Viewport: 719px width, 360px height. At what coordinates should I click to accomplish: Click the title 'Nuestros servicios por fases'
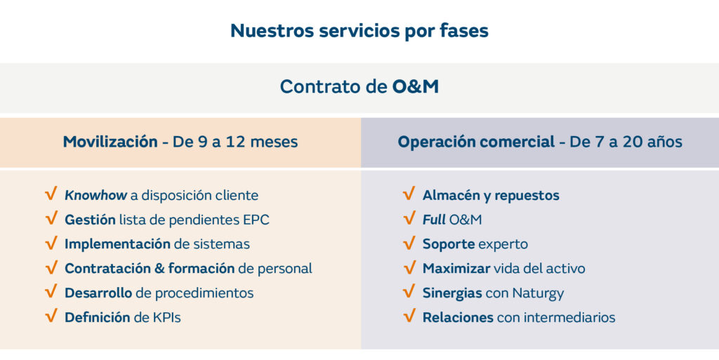point(359,31)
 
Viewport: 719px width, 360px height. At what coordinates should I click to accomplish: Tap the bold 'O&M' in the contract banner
point(416,86)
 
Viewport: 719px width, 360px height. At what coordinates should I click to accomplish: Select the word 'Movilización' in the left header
point(110,142)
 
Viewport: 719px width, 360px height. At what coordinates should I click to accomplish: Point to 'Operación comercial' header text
point(477,142)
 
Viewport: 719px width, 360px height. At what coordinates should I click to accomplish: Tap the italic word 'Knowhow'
point(95,196)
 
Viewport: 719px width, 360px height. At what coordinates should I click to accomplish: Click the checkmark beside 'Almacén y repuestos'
point(409,194)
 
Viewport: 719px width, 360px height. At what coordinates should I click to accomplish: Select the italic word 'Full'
point(434,220)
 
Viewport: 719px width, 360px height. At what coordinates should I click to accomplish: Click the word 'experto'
point(503,245)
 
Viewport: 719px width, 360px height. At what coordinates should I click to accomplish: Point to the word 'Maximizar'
point(456,268)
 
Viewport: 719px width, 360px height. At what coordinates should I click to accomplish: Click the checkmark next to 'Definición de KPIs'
point(51,316)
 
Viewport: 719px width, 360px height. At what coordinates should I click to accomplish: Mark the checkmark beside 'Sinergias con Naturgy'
point(409,292)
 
